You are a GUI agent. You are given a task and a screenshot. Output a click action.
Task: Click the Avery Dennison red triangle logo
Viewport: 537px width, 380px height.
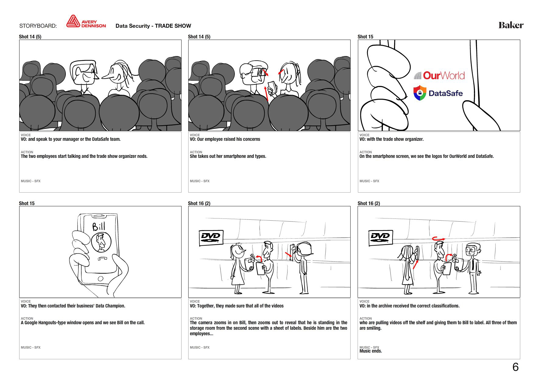[x=73, y=22]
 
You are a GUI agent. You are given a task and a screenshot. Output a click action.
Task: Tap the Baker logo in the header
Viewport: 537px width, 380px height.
[x=511, y=25]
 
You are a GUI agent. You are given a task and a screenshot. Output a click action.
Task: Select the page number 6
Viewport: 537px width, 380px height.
[x=515, y=367]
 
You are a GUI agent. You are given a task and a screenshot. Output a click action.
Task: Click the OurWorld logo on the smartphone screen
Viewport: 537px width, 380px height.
[x=439, y=75]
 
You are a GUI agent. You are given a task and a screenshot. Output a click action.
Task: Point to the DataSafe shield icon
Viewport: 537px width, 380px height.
[x=420, y=93]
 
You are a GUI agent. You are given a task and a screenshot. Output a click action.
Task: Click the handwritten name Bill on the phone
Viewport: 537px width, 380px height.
[x=99, y=226]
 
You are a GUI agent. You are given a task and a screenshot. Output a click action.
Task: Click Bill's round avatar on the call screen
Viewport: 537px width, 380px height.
[x=101, y=242]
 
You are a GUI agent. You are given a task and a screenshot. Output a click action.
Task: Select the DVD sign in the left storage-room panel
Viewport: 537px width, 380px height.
[x=211, y=238]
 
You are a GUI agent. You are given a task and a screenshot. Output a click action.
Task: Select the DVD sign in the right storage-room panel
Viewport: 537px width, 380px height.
[x=380, y=238]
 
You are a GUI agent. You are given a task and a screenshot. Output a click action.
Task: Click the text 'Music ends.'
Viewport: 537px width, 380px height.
[x=370, y=351]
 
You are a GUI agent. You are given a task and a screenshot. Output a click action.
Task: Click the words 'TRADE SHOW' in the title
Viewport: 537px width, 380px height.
[x=173, y=26]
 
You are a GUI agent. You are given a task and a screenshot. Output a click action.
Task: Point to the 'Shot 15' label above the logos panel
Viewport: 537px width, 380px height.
[x=365, y=37]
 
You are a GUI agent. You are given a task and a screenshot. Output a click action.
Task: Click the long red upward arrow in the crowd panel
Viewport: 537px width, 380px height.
[x=266, y=94]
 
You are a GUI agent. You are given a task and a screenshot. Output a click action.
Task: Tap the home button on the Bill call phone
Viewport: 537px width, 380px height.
[x=101, y=279]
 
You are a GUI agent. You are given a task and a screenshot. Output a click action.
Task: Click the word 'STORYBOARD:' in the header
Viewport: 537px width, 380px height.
[x=38, y=26]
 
